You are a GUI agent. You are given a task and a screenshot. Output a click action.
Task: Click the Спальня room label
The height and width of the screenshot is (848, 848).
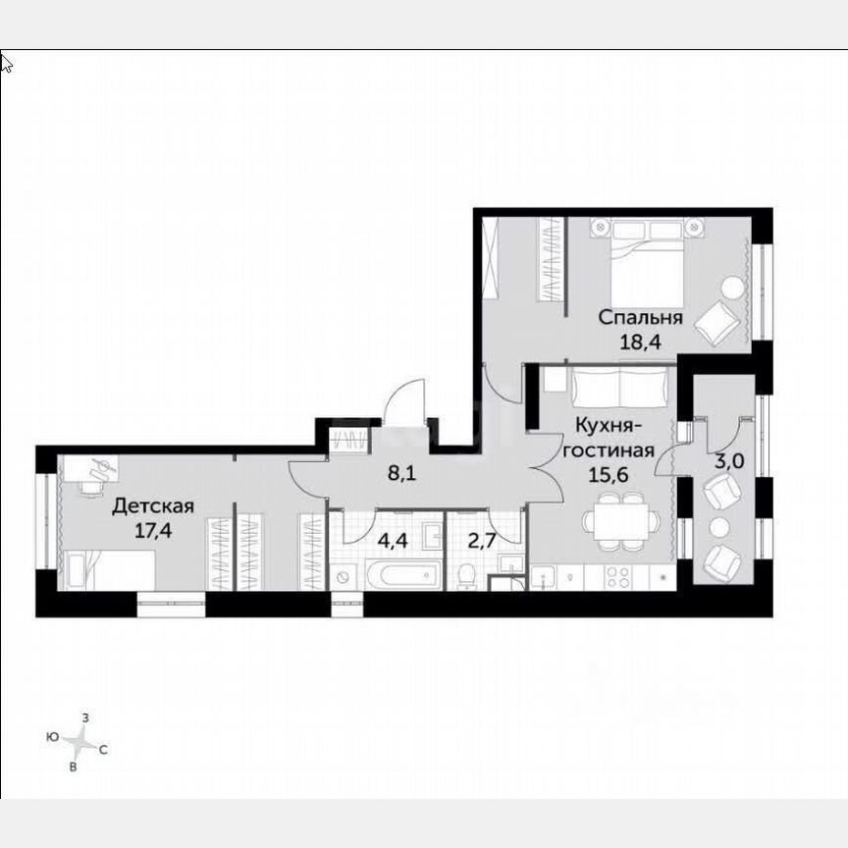pyautogui.click(x=640, y=318)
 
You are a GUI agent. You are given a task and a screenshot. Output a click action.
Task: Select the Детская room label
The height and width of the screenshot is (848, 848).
pyautogui.click(x=152, y=506)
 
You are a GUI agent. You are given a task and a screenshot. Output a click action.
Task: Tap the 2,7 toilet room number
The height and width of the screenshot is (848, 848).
pyautogui.click(x=466, y=539)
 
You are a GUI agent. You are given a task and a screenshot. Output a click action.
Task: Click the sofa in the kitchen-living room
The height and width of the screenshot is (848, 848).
pyautogui.click(x=621, y=389)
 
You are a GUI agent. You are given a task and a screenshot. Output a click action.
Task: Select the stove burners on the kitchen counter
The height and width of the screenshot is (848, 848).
pyautogui.click(x=620, y=578)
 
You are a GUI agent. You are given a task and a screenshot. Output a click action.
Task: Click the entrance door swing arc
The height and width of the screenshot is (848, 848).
pyautogui.click(x=405, y=402)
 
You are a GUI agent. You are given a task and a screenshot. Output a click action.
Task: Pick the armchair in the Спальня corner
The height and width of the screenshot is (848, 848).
pyautogui.click(x=720, y=320)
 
